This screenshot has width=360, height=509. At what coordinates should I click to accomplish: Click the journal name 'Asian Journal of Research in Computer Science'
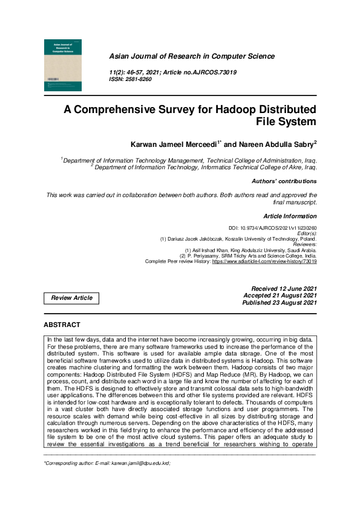[x=191, y=56]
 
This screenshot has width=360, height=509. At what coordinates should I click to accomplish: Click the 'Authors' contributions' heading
[x=284, y=181]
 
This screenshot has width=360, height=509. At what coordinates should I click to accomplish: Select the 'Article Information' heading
[x=290, y=216]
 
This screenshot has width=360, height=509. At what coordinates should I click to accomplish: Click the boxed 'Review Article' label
[x=71, y=298]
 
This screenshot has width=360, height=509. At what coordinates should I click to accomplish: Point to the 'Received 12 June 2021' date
[x=284, y=288]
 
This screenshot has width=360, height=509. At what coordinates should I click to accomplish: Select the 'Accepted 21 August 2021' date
[x=280, y=296]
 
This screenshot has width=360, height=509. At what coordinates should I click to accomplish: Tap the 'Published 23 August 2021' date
[x=279, y=303]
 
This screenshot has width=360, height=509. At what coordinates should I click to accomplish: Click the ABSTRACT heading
[x=62, y=325]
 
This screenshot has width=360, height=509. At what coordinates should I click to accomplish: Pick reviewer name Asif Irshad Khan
[x=217, y=250]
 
